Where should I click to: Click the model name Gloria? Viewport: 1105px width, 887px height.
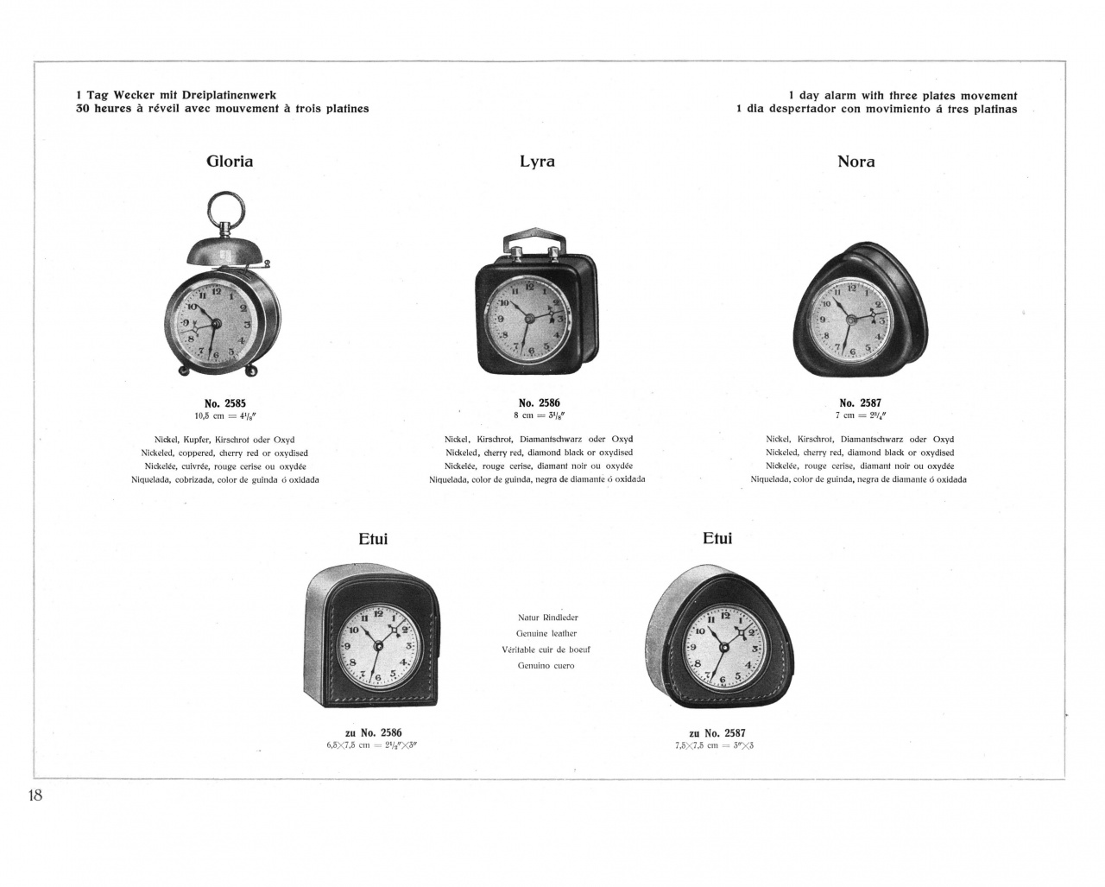(230, 162)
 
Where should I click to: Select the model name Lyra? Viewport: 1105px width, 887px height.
(537, 162)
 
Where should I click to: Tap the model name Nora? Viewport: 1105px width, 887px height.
(856, 162)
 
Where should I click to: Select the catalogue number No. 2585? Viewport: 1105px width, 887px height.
(224, 403)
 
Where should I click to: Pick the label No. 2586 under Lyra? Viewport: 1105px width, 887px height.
(539, 403)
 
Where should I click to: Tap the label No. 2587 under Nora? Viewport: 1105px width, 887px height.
(860, 403)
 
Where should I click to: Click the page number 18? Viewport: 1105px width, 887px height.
(35, 795)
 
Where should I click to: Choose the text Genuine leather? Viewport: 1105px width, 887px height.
(546, 634)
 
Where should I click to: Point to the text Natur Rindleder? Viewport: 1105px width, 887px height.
(547, 618)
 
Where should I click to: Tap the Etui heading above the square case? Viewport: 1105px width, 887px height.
(373, 539)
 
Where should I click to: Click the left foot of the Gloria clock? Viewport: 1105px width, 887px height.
(185, 371)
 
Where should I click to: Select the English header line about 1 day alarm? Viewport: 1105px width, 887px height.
(902, 96)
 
